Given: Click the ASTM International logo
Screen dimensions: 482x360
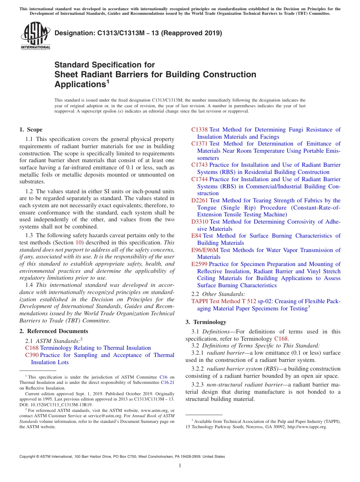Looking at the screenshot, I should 35,36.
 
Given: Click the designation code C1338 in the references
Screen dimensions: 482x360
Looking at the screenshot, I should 199,130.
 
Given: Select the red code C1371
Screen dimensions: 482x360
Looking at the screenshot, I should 199,144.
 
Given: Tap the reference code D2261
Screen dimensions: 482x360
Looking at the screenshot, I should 200,200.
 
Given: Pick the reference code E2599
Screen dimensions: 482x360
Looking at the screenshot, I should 199,264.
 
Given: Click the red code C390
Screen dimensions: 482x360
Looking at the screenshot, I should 32,355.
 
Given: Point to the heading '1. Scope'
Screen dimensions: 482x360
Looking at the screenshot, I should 31,130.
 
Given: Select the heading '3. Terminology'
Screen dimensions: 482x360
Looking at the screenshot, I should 206,322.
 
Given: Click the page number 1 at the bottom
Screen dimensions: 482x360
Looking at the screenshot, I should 180,466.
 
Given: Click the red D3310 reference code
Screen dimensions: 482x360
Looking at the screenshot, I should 200,222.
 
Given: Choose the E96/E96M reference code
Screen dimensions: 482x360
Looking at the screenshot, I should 205,250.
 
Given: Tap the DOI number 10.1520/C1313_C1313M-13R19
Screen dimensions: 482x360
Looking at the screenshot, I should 56,405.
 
